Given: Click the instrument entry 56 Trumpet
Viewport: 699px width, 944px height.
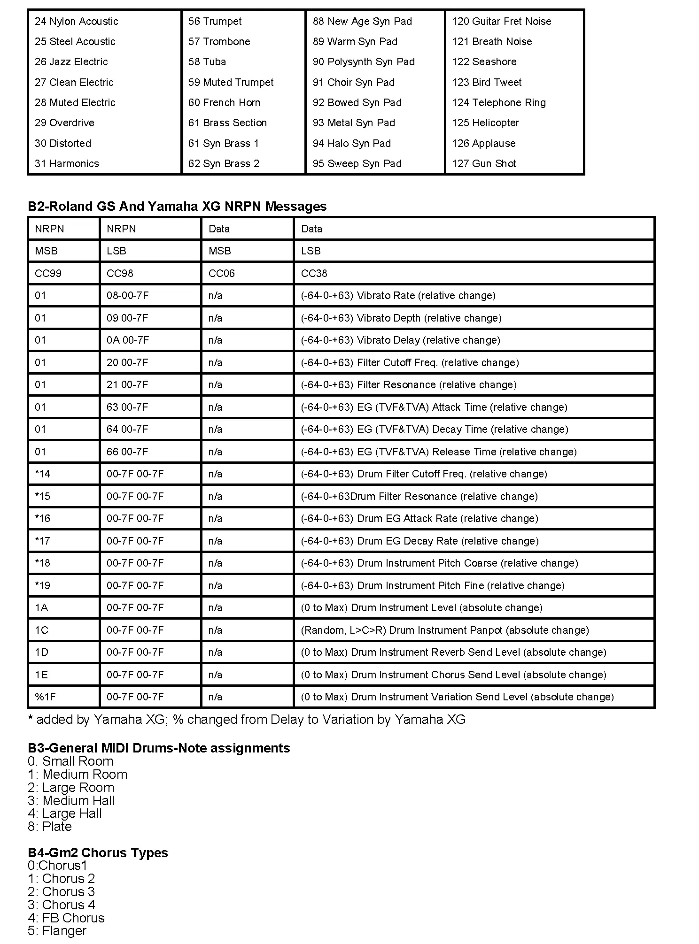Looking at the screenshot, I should click(x=215, y=22).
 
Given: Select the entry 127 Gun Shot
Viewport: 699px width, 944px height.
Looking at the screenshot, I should click(x=484, y=164).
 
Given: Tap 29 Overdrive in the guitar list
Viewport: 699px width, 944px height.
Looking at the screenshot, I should click(x=64, y=123).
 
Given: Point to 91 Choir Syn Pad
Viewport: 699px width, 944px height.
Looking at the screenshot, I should click(x=354, y=83).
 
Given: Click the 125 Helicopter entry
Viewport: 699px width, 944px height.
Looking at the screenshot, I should click(x=485, y=123).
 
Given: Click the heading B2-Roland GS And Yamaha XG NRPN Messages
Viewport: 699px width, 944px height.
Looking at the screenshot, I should click(x=177, y=207).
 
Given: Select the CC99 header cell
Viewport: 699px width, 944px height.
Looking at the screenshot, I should click(x=48, y=274).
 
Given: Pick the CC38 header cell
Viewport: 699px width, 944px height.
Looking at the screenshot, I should click(x=314, y=274).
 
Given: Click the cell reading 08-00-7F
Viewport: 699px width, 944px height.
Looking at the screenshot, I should click(x=127, y=296).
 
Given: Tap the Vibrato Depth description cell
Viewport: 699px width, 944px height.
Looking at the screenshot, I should click(x=401, y=318).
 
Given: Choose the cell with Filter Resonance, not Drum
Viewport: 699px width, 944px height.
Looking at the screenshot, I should click(x=408, y=385).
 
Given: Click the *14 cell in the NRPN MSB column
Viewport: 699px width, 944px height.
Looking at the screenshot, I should click(x=43, y=474).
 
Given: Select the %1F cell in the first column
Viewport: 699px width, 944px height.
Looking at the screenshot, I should click(x=45, y=697).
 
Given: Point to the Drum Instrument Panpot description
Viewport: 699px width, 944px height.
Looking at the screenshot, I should click(x=444, y=630).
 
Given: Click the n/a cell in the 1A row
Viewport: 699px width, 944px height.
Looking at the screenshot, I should click(x=215, y=608).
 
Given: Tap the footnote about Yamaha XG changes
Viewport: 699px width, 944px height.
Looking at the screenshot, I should click(x=247, y=720).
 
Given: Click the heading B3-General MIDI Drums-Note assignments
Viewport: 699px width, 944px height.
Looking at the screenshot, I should click(x=159, y=748).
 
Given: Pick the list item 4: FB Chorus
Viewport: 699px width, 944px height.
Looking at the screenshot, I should click(x=66, y=918).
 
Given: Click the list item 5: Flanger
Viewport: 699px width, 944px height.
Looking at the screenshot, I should click(x=57, y=931).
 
